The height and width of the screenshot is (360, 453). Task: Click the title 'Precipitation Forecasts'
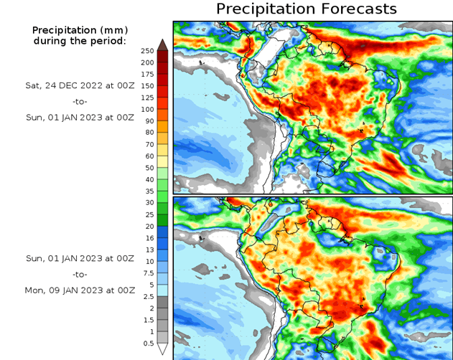[x=306, y=9]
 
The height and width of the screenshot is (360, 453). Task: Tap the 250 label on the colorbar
[x=147, y=51]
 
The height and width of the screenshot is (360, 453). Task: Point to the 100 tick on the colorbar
[x=147, y=109]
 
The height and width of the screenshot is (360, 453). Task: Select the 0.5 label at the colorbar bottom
[x=147, y=343]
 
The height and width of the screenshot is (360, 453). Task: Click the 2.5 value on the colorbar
[x=147, y=296]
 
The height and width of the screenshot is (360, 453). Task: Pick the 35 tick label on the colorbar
[x=147, y=191]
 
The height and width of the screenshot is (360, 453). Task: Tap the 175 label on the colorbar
[x=147, y=74]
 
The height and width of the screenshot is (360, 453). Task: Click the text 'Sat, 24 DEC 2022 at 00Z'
[x=80, y=85]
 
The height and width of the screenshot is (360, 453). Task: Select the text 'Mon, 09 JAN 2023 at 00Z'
[x=80, y=290]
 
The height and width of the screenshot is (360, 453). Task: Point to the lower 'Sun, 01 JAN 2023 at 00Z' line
[x=80, y=257]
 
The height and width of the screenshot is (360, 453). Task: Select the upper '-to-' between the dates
[x=80, y=102]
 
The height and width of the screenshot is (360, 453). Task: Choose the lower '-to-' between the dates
[x=80, y=274]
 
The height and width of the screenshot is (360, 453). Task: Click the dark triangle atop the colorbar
[x=163, y=44]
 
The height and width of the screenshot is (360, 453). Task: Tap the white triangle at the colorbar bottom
[x=163, y=349]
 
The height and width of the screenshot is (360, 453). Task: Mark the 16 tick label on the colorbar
[x=147, y=237]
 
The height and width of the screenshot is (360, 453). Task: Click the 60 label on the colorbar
[x=147, y=156]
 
